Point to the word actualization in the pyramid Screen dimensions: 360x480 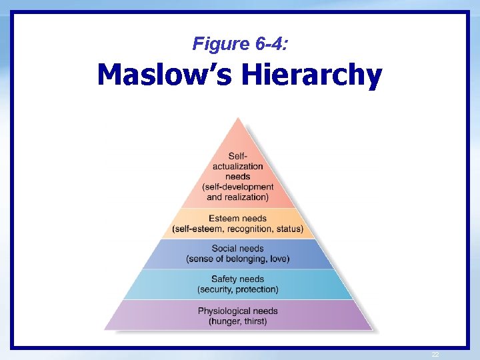click(238, 166)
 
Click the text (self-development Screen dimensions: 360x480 click(238, 187)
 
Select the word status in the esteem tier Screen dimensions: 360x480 click(288, 229)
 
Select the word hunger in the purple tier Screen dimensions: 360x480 click(225, 321)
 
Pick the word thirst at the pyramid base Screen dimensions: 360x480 click(255, 321)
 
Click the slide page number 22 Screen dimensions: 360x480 click(436, 354)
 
